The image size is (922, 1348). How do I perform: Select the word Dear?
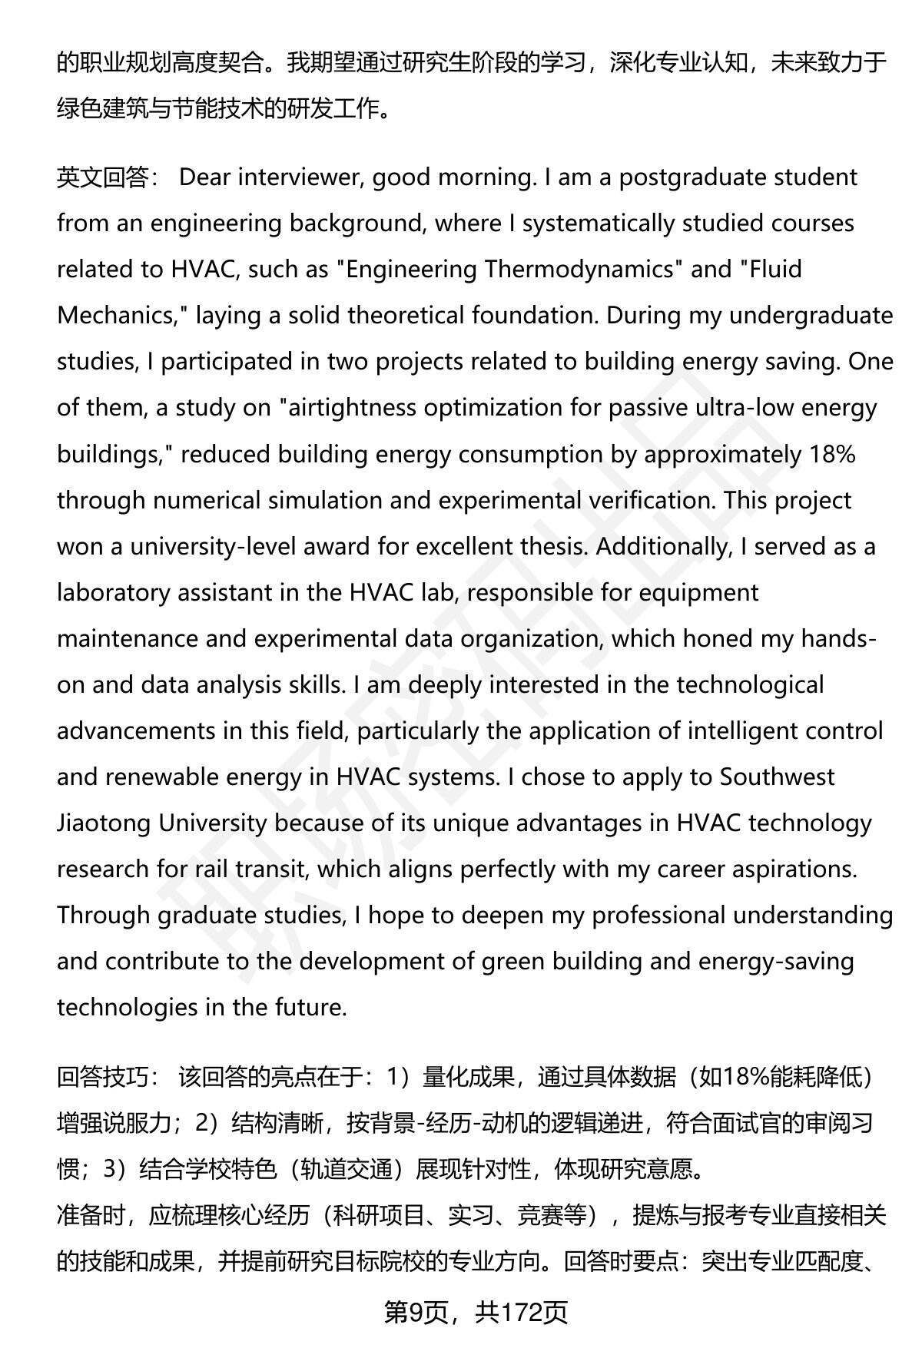coord(204,177)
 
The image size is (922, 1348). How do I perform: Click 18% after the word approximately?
coord(833,454)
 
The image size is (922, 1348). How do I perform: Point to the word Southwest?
coord(776,777)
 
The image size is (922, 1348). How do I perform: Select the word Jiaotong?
coord(104,823)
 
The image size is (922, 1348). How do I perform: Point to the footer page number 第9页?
coord(416,1313)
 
